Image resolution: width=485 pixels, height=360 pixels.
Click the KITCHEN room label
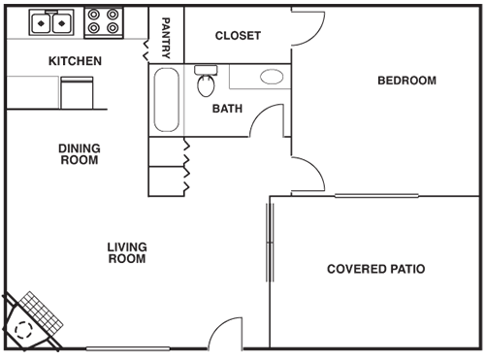(76, 61)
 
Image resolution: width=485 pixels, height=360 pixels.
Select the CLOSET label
(238, 36)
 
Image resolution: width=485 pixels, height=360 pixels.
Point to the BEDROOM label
(406, 81)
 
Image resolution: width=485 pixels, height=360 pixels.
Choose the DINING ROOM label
(80, 154)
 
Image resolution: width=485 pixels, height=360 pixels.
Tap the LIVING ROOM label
(126, 253)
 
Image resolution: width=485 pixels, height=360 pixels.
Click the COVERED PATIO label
(375, 269)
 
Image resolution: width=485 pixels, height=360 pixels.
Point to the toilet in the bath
(206, 82)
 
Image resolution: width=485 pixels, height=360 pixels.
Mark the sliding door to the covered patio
(268, 243)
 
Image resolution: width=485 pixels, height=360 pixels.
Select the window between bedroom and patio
(376, 197)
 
